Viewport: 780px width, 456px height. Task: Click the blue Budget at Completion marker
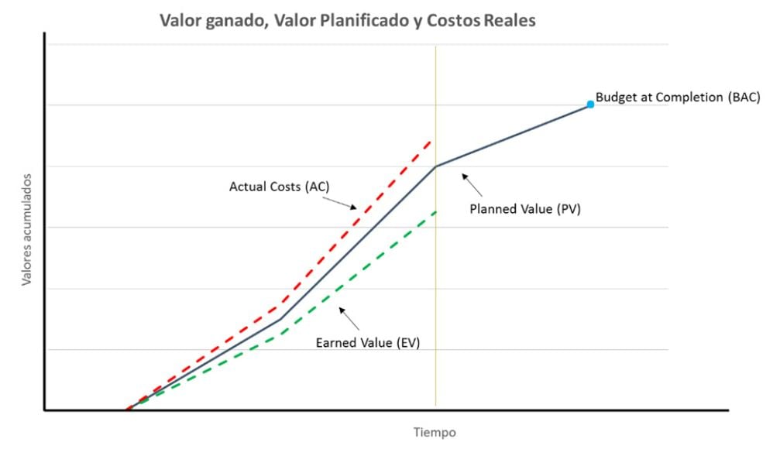590,104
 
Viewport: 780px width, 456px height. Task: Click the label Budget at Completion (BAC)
678,98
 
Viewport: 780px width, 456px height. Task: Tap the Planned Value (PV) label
525,208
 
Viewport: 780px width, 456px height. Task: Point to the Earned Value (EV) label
368,342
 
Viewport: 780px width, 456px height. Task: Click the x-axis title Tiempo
434,432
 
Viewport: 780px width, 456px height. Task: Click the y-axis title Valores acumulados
26,235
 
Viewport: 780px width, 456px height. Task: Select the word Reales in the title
510,21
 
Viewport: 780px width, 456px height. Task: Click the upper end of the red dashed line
431,141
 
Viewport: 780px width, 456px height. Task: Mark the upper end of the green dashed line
435,211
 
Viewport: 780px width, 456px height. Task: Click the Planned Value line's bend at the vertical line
435,166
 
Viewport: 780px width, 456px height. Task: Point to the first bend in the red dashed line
281,304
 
